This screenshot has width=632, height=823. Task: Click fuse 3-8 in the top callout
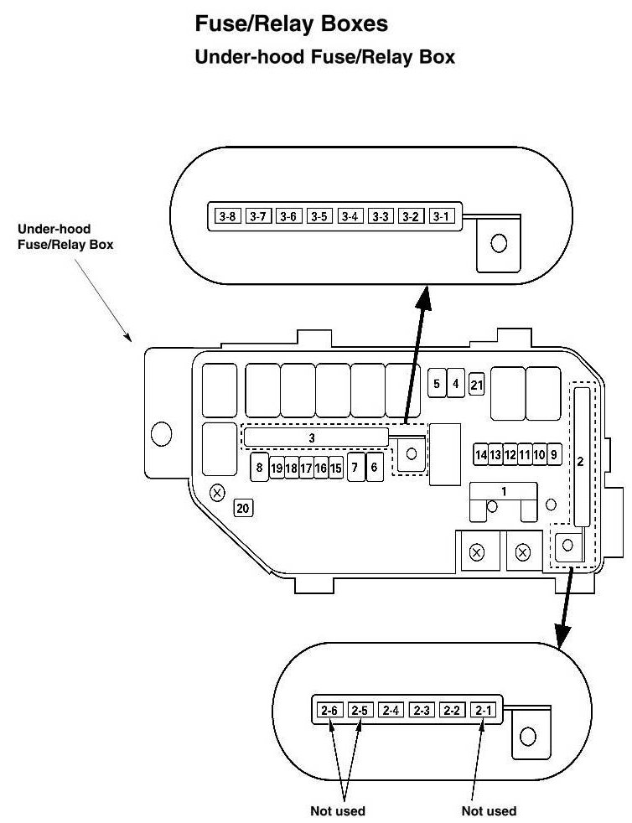pyautogui.click(x=226, y=217)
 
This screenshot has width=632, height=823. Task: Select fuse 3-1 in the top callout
pyautogui.click(x=440, y=217)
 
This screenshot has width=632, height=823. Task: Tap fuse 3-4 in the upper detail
pyautogui.click(x=349, y=217)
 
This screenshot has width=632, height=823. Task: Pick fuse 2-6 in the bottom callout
pyautogui.click(x=329, y=711)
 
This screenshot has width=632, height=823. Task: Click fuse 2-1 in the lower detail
pyautogui.click(x=484, y=711)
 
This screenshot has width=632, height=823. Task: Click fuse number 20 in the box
pyautogui.click(x=243, y=508)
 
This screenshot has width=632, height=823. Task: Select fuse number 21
pyautogui.click(x=476, y=385)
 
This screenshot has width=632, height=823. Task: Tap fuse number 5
pyautogui.click(x=437, y=385)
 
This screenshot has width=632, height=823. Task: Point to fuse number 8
pyautogui.click(x=260, y=468)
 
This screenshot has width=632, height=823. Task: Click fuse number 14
pyautogui.click(x=480, y=455)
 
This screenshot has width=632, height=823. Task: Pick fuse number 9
pyautogui.click(x=553, y=455)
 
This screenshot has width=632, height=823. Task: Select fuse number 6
pyautogui.click(x=374, y=468)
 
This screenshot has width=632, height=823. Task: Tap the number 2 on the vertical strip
pyautogui.click(x=580, y=462)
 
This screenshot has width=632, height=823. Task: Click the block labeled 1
pyautogui.click(x=503, y=490)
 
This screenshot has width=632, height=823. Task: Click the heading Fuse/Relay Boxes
pyautogui.click(x=291, y=24)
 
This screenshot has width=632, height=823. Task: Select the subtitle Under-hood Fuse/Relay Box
pyautogui.click(x=324, y=58)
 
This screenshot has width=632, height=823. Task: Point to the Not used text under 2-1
pyautogui.click(x=489, y=810)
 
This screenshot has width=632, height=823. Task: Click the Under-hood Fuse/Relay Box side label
pyautogui.click(x=66, y=236)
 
